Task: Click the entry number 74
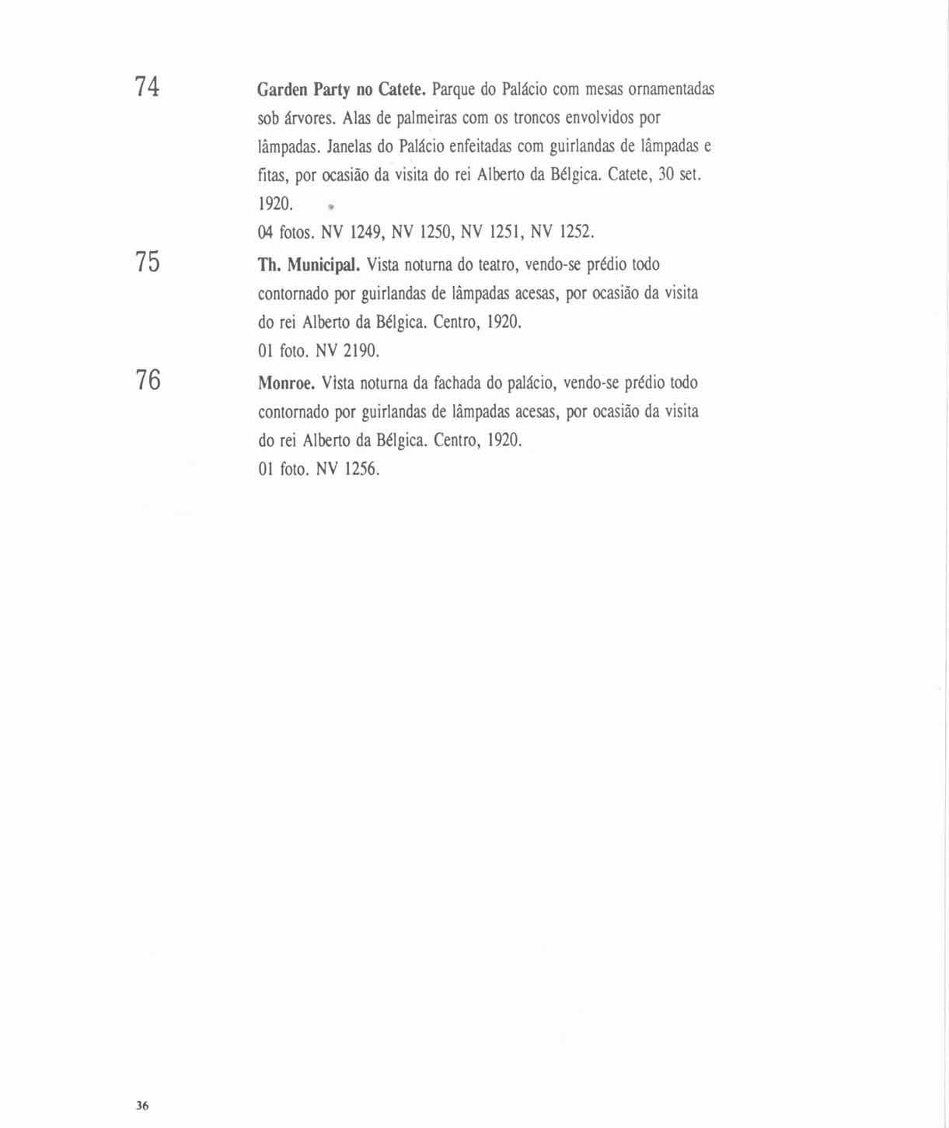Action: [x=147, y=86]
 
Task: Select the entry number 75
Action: [x=147, y=262]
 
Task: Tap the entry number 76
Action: [x=148, y=380]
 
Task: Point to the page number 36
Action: [x=141, y=1105]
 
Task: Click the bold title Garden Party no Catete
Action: [x=341, y=89]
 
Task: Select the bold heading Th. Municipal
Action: [x=309, y=265]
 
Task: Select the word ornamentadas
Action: [x=671, y=89]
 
